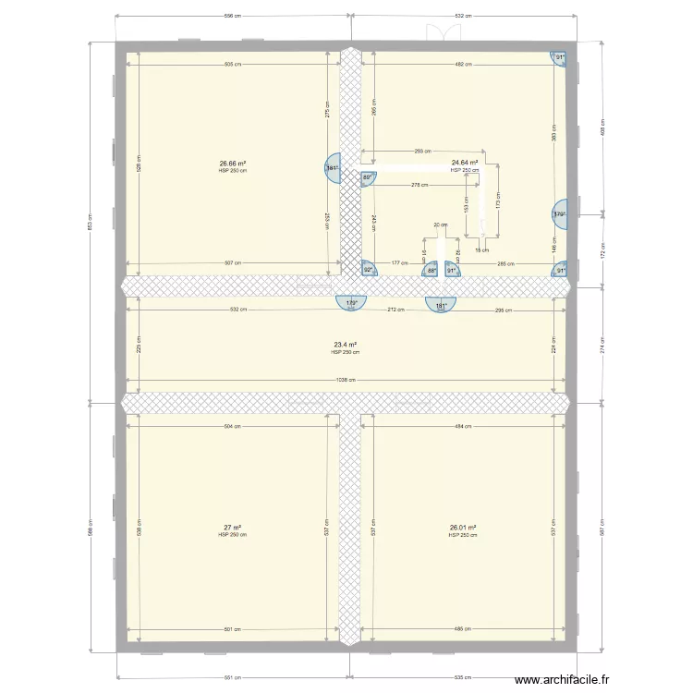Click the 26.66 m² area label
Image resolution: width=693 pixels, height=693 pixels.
click(x=232, y=164)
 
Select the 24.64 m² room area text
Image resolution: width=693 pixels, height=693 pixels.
click(x=465, y=164)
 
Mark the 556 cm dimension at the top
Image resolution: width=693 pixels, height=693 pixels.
click(x=232, y=16)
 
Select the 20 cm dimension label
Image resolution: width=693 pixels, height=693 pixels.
click(x=441, y=225)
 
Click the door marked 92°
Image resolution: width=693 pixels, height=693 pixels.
click(x=367, y=269)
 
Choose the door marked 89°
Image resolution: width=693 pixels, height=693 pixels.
click(x=367, y=177)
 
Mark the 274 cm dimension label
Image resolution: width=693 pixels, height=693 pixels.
click(x=603, y=345)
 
